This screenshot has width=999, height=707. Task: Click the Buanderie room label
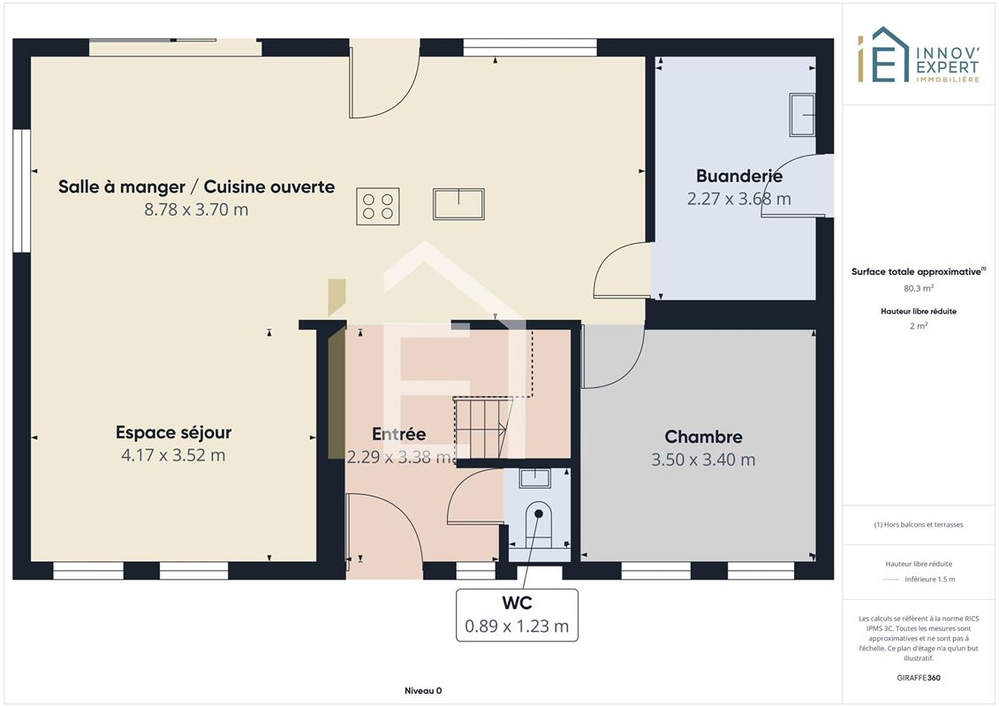(739, 175)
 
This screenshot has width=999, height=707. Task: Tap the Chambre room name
(703, 437)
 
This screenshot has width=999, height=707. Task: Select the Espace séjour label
(173, 432)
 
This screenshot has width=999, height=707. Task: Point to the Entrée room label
(399, 434)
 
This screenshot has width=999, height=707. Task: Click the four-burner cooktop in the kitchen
(378, 206)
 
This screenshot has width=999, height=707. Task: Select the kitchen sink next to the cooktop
(458, 204)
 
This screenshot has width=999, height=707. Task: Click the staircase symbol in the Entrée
(483, 427)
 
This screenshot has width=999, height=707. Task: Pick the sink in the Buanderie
(802, 115)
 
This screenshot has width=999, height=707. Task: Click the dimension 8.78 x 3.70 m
(196, 209)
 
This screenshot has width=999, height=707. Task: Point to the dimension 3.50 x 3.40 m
(703, 460)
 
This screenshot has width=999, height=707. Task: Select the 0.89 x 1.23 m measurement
(517, 626)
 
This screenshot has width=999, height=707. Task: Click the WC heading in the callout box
(517, 603)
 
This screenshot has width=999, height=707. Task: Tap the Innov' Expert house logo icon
(882, 55)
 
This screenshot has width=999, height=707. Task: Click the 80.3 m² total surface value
(919, 288)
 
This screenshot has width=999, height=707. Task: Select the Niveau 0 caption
(423, 690)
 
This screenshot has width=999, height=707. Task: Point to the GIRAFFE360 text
(919, 678)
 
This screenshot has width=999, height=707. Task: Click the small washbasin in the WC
(534, 477)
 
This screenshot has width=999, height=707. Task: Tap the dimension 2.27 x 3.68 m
(739, 199)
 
